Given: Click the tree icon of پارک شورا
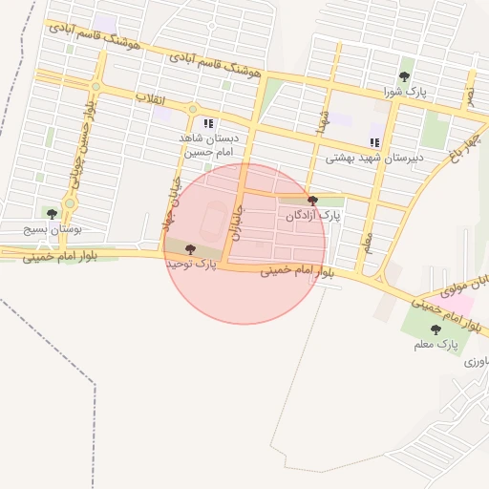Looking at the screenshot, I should coord(406,76).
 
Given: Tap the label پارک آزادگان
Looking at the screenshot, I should coord(313,217).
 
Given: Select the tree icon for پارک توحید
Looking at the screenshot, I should coord(189,249).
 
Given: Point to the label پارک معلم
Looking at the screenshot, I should coord(436,344).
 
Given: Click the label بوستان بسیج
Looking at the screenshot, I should coord(51,230).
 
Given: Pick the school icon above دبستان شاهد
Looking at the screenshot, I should coord(208,123).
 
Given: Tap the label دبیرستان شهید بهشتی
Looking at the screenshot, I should coord(374,158).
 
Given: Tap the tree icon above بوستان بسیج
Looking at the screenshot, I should coord(51,214).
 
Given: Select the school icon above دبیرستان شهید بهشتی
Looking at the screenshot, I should coord(374,142).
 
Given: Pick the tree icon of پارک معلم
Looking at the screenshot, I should coord(436,329).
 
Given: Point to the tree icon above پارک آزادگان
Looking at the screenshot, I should coord(313,201).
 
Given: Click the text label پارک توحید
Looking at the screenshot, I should coord(191,264).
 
